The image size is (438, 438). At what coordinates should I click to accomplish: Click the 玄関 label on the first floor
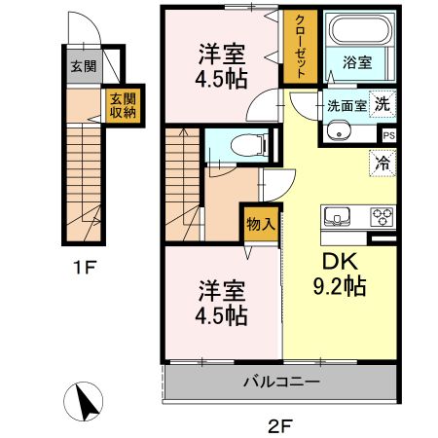pyautogui.click(x=83, y=67)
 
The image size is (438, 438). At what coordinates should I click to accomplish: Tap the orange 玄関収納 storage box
pyautogui.click(x=122, y=104)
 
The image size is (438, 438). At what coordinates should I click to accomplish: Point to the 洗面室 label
pyautogui.click(x=347, y=106)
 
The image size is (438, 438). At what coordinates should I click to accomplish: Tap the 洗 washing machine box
pyautogui.click(x=383, y=105)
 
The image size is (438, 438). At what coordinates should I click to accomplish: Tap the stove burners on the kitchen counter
pyautogui.click(x=380, y=216)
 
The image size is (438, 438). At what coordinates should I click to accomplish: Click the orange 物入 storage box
pyautogui.click(x=260, y=223)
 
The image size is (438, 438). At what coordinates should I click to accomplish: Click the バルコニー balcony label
pyautogui.click(x=281, y=382)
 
